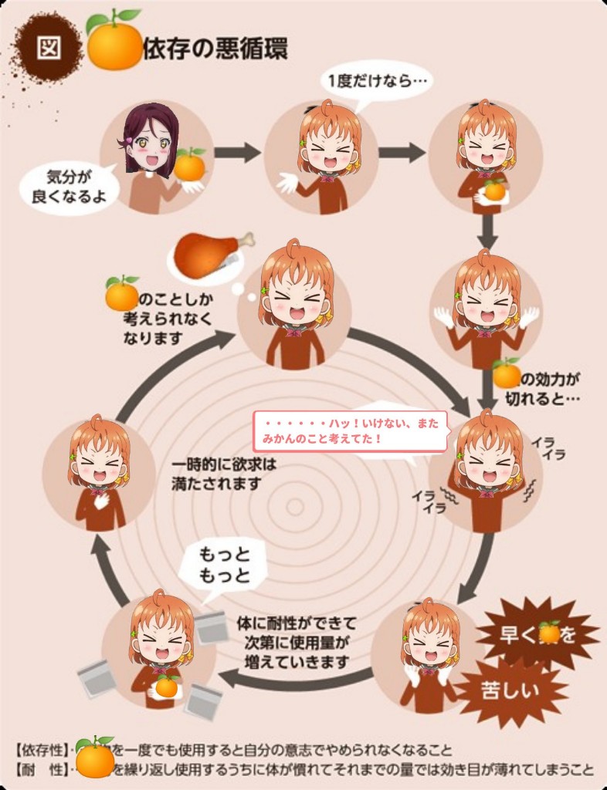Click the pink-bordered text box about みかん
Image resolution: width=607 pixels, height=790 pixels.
point(350,430)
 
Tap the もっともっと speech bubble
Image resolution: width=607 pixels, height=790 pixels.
point(225,565)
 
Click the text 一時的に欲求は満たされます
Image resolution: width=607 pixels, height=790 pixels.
point(224,474)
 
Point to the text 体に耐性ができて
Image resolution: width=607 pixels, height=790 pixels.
point(297,622)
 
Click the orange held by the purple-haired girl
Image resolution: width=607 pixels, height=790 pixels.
point(189,165)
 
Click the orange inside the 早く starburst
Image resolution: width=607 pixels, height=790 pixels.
point(549,633)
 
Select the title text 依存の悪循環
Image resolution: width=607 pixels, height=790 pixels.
point(215,49)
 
